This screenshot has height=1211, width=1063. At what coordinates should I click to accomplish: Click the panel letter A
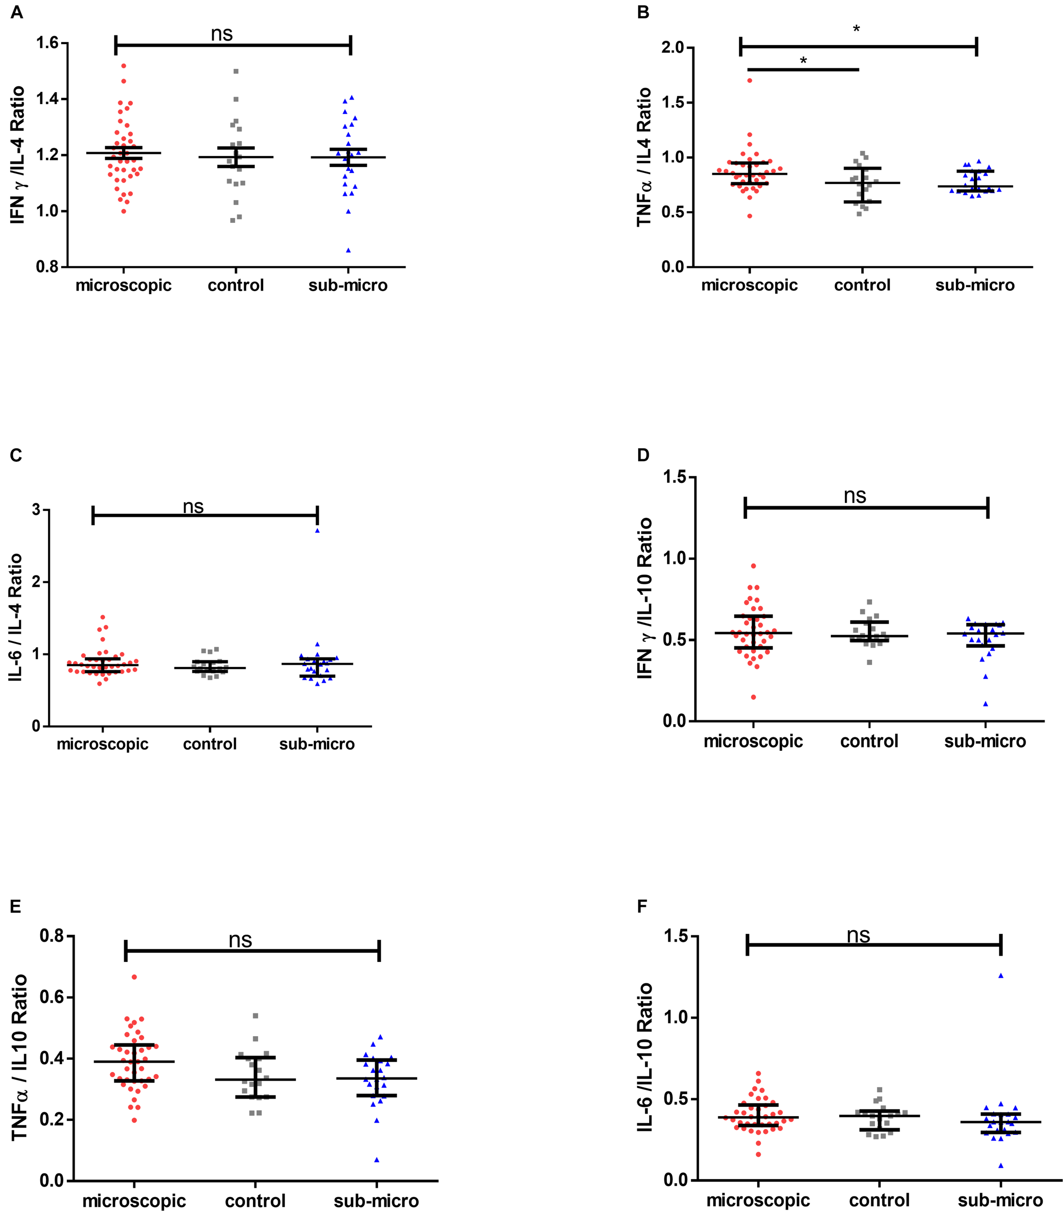click(x=16, y=12)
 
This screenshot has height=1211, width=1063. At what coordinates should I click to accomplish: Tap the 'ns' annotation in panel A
click(x=221, y=34)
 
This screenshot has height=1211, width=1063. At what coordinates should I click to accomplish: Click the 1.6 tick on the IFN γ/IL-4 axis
click(x=47, y=43)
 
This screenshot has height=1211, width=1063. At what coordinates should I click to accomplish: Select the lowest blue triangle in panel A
click(x=348, y=250)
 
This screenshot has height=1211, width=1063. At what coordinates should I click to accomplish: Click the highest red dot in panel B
click(x=750, y=80)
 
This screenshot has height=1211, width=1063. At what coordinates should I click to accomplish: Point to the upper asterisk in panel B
click(x=856, y=29)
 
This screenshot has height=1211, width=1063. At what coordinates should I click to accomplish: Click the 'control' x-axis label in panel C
click(x=210, y=744)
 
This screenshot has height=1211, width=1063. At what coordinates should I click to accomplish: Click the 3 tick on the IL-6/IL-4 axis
click(x=37, y=510)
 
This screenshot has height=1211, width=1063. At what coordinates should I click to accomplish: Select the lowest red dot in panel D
click(x=753, y=697)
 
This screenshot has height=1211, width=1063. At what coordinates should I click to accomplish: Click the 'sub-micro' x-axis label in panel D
click(x=985, y=741)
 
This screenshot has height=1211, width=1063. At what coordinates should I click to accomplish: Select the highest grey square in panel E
click(x=255, y=1015)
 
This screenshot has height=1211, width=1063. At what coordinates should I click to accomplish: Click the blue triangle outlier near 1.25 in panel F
click(x=1001, y=975)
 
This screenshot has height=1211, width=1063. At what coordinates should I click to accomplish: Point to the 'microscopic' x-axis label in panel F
click(x=758, y=1200)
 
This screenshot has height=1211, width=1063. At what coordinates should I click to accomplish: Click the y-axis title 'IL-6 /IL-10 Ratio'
click(x=645, y=1057)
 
